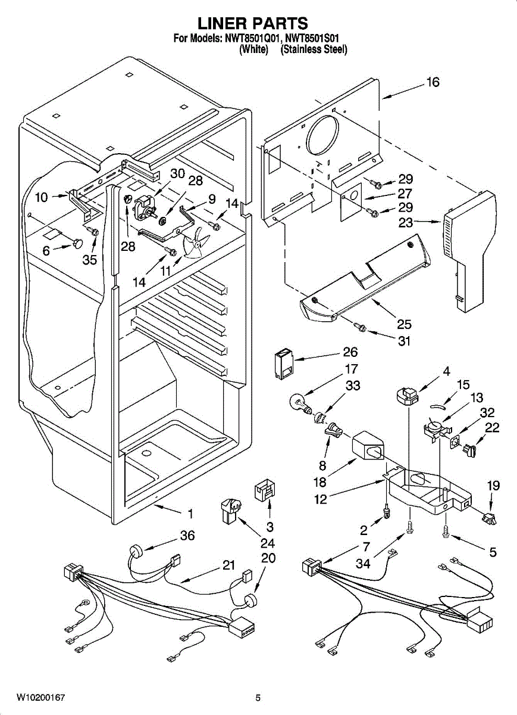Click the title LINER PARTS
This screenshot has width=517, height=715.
pyautogui.click(x=252, y=23)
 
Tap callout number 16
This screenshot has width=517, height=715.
pyautogui.click(x=433, y=82)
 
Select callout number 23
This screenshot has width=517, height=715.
pyautogui.click(x=405, y=221)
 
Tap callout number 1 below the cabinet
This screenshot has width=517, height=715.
pyautogui.click(x=190, y=513)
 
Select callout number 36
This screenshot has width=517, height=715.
pyautogui.click(x=187, y=536)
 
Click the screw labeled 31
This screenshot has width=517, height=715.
pyautogui.click(x=360, y=327)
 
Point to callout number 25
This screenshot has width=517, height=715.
pyautogui.click(x=404, y=324)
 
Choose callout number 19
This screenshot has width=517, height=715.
pyautogui.click(x=493, y=486)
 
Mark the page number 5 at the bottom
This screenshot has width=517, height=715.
pyautogui.click(x=258, y=698)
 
